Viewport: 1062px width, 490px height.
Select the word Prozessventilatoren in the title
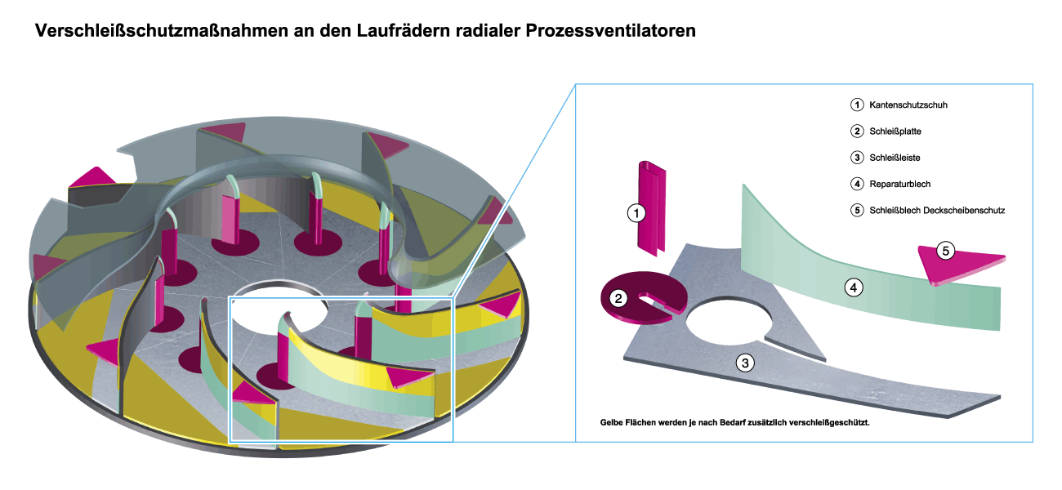609,33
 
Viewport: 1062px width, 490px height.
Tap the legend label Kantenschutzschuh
908,105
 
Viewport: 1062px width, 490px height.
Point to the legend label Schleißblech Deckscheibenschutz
937,210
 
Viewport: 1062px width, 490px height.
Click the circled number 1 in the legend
856,105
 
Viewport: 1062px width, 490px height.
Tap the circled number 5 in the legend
856,210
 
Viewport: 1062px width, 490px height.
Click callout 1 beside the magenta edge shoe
636,213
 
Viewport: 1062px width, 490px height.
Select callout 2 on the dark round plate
619,298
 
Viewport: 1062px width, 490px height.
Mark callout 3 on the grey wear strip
744,363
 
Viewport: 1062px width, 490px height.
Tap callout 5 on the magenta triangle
945,251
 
